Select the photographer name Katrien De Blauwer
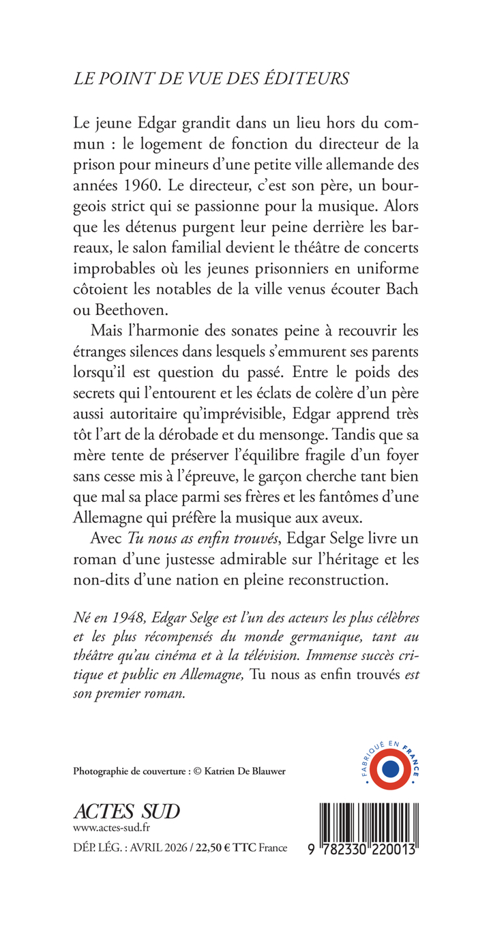[252, 771]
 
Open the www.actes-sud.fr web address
[110, 828]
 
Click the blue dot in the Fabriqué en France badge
[391, 768]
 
